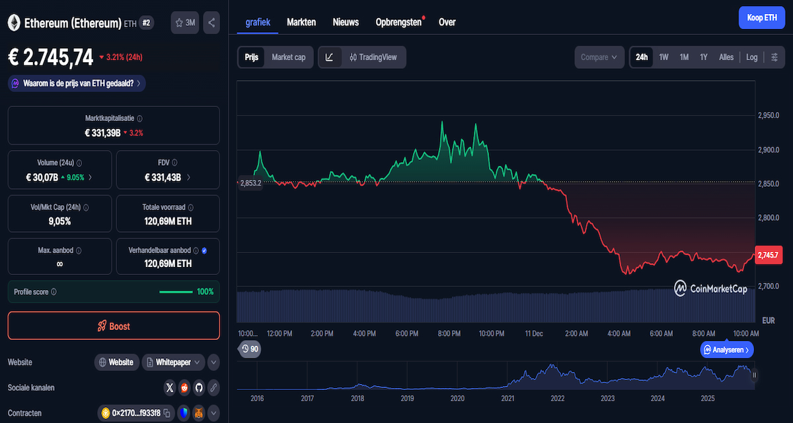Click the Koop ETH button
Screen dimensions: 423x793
point(761,18)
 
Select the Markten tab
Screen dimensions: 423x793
point(301,22)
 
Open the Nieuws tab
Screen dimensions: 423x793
point(346,22)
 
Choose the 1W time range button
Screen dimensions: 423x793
point(663,58)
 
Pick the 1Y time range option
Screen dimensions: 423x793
point(704,58)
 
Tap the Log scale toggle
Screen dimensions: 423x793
point(752,58)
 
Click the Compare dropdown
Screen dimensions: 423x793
point(599,58)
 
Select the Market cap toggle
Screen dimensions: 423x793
point(288,58)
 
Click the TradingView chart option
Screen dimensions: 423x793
point(373,58)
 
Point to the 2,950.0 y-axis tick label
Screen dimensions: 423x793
point(769,116)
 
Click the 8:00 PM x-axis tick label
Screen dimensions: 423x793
point(449,334)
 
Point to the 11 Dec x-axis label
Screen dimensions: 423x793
point(533,334)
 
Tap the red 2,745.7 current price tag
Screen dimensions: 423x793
point(769,254)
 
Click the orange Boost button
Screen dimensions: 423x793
point(114,326)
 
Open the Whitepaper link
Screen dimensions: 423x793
point(173,362)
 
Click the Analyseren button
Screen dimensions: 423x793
point(727,350)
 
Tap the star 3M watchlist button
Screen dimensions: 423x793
point(184,22)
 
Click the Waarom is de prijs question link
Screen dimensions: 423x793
point(77,83)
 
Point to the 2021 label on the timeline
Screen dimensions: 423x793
point(508,399)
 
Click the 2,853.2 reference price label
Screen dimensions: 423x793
point(250,183)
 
